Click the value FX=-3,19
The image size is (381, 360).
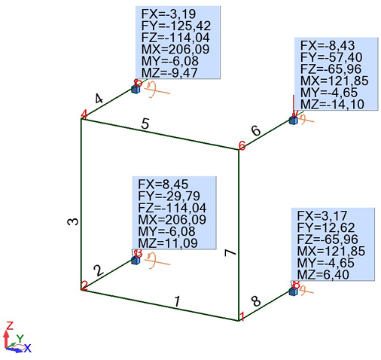click(x=169, y=14)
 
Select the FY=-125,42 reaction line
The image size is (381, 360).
click(x=176, y=26)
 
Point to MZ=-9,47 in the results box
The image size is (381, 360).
click(x=169, y=73)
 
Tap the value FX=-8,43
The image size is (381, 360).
click(x=328, y=46)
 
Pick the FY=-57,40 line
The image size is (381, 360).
click(x=331, y=57)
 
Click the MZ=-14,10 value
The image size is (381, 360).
click(x=332, y=104)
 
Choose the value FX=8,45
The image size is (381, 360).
click(x=163, y=185)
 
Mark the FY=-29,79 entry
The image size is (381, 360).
click(x=169, y=196)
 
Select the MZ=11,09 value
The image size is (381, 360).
click(x=168, y=243)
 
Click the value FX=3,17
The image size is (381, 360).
click(x=322, y=216)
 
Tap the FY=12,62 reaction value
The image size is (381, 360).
click(x=326, y=227)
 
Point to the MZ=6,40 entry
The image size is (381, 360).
click(x=323, y=274)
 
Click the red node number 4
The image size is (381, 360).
click(x=84, y=114)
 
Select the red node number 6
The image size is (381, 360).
click(x=242, y=145)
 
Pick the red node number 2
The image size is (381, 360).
click(x=84, y=286)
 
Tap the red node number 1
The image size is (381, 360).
click(x=242, y=316)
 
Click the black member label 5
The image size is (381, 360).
click(x=145, y=124)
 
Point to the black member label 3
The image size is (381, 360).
click(x=73, y=221)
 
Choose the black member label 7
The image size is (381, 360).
click(x=230, y=253)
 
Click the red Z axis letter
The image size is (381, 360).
click(x=10, y=325)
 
